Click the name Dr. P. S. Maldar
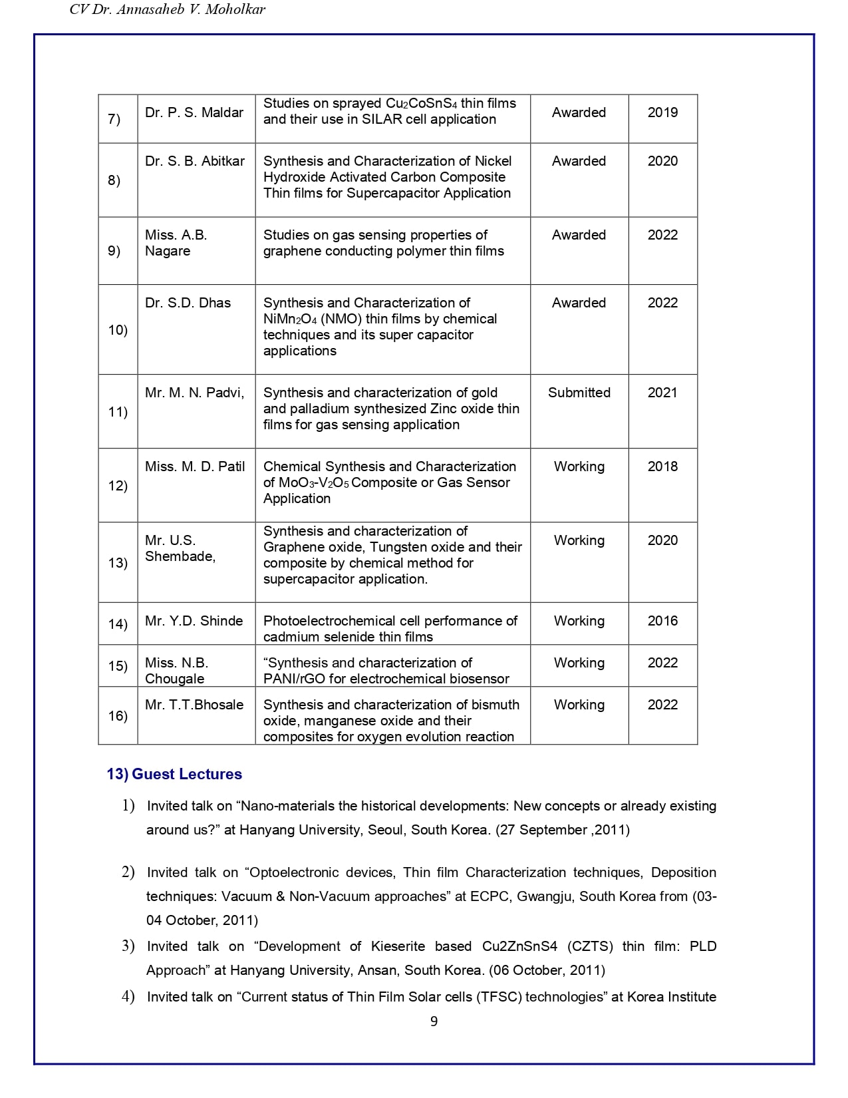194,112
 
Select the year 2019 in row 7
662,112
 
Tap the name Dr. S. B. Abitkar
195,161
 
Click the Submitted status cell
579,393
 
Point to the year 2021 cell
662,393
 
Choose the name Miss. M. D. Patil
195,466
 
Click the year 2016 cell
662,621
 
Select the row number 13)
118,563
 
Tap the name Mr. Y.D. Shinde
194,621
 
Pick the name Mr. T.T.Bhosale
194,705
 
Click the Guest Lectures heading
186,774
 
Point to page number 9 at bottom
434,1021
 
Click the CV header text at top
168,10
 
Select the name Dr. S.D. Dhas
188,303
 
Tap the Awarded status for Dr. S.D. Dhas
579,303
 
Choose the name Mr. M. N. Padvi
194,393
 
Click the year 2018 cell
662,466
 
